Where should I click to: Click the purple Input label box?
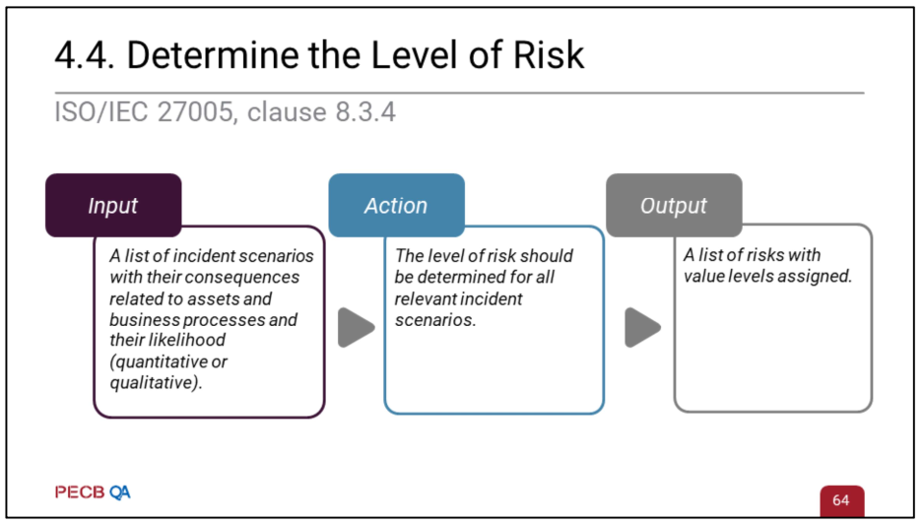(113, 206)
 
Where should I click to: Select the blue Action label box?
(396, 206)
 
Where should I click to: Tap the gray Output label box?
(674, 206)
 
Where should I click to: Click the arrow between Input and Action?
(356, 328)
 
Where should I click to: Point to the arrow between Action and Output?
(642, 328)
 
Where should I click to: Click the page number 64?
(840, 500)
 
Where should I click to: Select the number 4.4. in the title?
(85, 55)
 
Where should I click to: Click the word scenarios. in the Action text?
(435, 319)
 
